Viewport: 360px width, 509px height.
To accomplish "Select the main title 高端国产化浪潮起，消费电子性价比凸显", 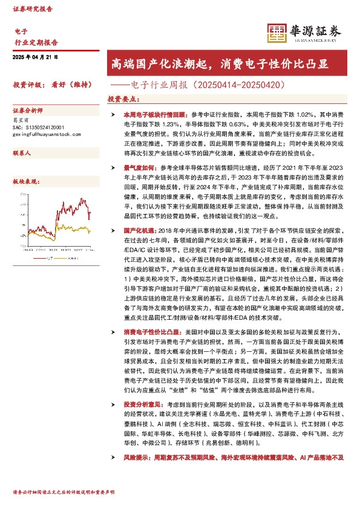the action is pos(220,63).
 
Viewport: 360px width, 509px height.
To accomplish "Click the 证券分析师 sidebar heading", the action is pos(28,111).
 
